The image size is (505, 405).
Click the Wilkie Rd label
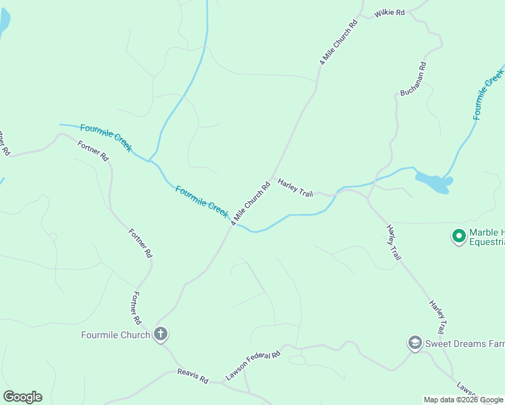(x=390, y=13)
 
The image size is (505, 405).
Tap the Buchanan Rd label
(x=413, y=78)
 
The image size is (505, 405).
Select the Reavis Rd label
(x=193, y=376)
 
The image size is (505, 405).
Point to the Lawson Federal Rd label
(x=252, y=365)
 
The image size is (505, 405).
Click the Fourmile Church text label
(x=115, y=335)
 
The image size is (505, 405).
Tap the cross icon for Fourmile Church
(x=161, y=334)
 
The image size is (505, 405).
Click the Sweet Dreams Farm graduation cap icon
(x=415, y=344)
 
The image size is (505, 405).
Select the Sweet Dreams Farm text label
(x=464, y=344)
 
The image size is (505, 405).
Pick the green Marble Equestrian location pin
(x=459, y=236)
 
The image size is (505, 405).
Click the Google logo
(x=22, y=397)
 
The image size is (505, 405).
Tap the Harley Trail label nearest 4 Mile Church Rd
(x=296, y=188)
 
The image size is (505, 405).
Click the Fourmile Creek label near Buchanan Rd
(x=489, y=94)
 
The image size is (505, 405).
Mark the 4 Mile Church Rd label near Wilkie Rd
(x=338, y=43)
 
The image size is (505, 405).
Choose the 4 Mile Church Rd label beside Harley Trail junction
(x=250, y=202)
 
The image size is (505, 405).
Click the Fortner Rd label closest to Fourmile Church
(x=136, y=308)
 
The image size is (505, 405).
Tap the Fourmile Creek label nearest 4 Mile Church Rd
(x=202, y=200)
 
